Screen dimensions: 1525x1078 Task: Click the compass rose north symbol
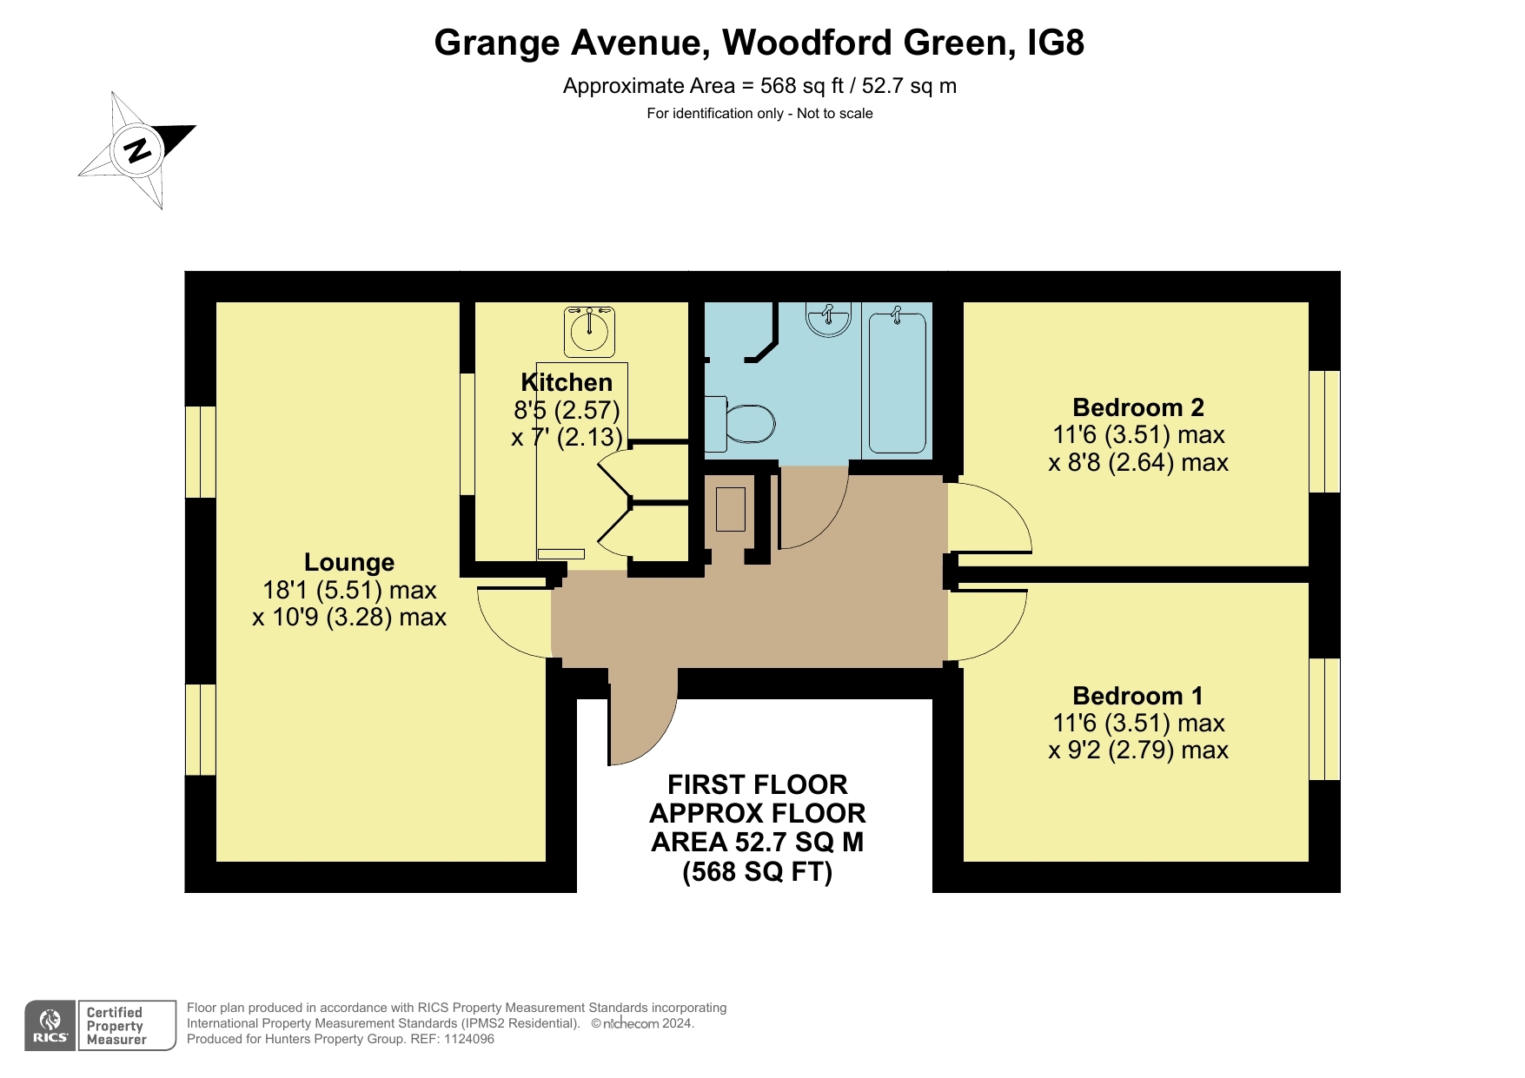click(x=136, y=150)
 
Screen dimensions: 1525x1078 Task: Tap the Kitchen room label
click(x=567, y=382)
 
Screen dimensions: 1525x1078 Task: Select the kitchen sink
click(x=589, y=331)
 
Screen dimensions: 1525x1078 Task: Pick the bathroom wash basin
click(x=828, y=319)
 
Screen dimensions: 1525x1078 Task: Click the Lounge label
click(x=349, y=563)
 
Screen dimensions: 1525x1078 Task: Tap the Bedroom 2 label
click(x=1138, y=407)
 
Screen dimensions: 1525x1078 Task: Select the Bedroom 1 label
click(x=1138, y=696)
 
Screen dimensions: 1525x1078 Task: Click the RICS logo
click(x=50, y=1026)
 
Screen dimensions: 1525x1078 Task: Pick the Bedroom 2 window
click(x=1324, y=432)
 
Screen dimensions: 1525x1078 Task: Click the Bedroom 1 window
click(x=1324, y=719)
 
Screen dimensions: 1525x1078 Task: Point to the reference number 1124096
click(x=469, y=1039)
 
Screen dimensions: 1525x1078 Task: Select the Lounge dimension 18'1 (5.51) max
click(x=349, y=590)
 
